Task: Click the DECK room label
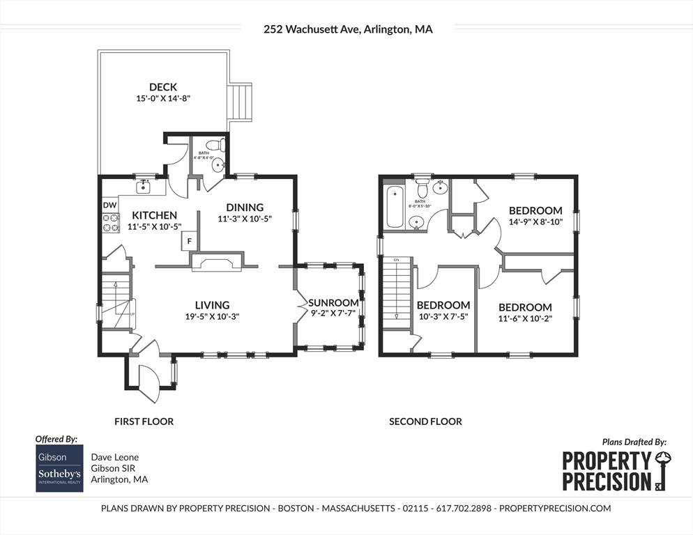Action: coord(163,87)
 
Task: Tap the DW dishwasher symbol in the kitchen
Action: coord(109,205)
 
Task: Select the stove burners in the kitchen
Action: coord(110,222)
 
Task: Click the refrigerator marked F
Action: coord(188,242)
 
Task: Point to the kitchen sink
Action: coord(146,186)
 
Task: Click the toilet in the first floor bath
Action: coord(220,146)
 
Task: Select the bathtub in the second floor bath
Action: coord(394,206)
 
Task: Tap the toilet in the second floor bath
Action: coord(421,189)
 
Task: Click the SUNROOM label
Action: coord(334,303)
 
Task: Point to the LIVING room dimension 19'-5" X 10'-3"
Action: coord(212,316)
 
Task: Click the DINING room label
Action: coord(245,207)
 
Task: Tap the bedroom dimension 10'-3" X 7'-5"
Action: coord(443,316)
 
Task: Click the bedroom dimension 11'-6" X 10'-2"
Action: coord(525,318)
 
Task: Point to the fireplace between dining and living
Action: coord(216,261)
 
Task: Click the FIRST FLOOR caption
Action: coord(144,421)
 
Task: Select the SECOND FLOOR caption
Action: coord(425,421)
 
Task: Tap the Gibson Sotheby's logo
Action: coord(60,468)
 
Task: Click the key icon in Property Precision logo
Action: coord(662,471)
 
